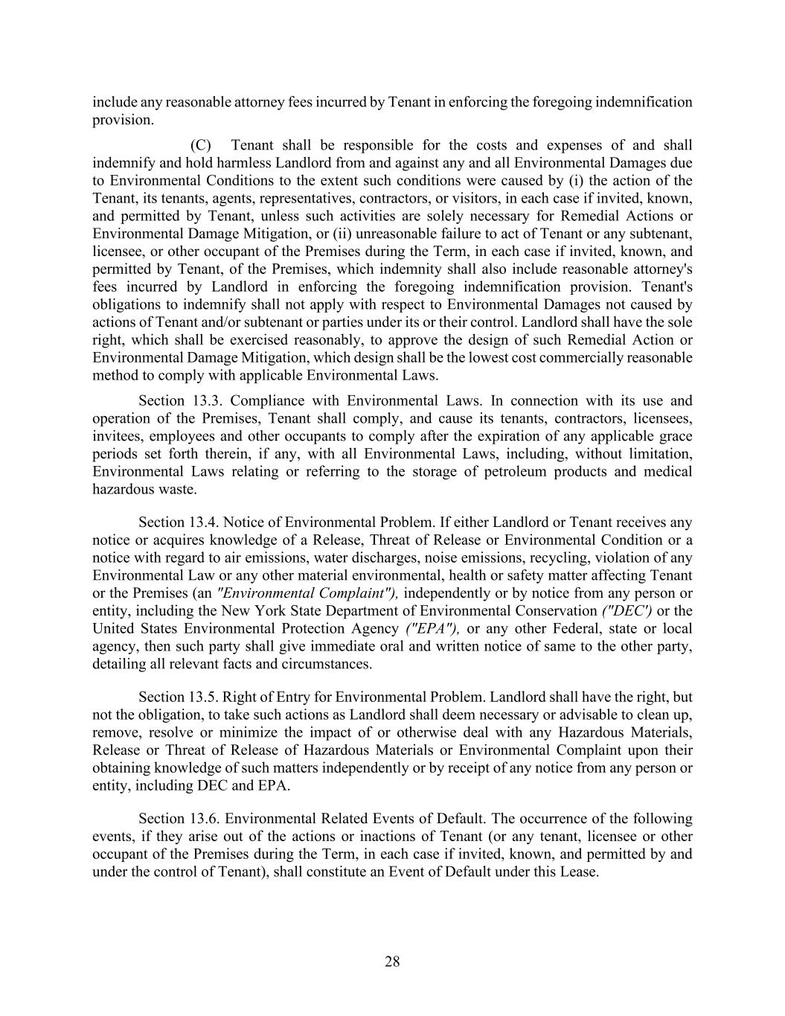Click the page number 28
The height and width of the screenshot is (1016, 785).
(392, 962)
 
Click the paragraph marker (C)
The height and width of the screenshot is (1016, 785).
(201, 144)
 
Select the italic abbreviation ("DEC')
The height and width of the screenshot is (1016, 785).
(627, 611)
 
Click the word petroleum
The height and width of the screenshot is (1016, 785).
(511, 472)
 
